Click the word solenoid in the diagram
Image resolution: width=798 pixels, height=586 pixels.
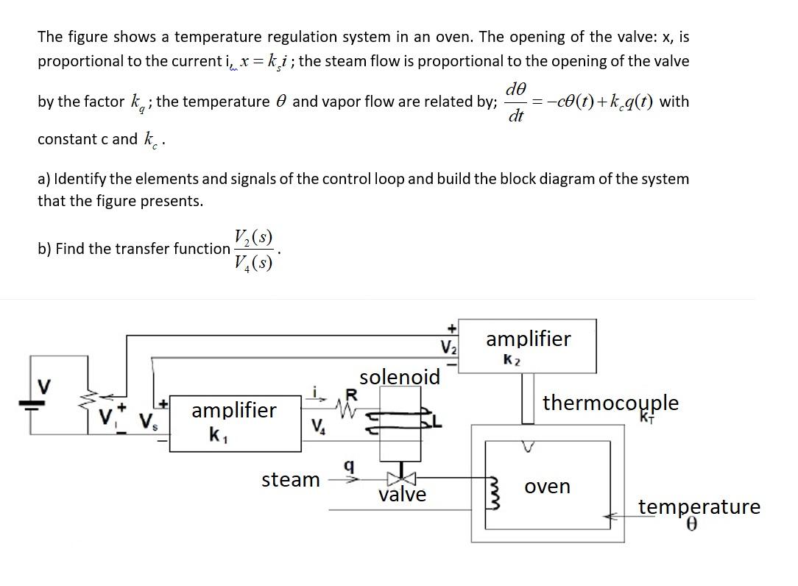point(400,377)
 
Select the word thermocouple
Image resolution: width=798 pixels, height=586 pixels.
point(610,403)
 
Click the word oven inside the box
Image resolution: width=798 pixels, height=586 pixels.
point(548,487)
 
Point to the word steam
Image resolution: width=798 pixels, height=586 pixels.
point(291,480)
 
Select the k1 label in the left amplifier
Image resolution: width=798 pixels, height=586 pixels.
point(215,434)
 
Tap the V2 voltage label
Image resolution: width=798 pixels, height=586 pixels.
point(448,347)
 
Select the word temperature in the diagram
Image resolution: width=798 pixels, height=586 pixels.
point(699,506)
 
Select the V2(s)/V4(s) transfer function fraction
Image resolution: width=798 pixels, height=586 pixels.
point(253,250)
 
